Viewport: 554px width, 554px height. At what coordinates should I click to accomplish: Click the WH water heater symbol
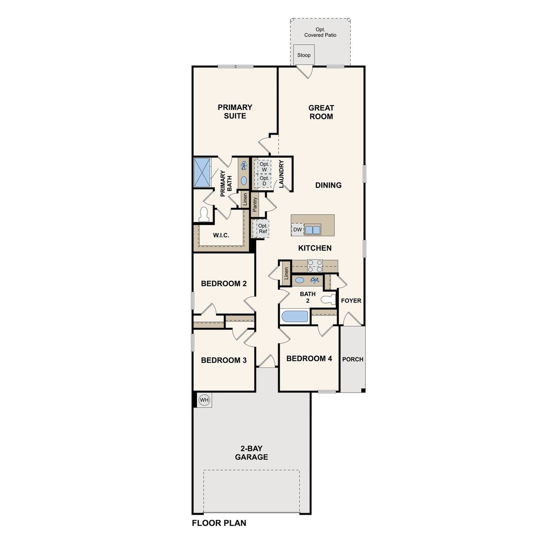click(x=204, y=400)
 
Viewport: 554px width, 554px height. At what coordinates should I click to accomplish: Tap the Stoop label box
click(x=304, y=55)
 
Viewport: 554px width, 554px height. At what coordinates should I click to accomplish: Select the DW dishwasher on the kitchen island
click(x=297, y=229)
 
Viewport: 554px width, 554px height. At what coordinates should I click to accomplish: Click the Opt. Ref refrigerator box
click(x=262, y=229)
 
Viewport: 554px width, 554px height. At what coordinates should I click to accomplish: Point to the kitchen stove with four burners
click(x=315, y=265)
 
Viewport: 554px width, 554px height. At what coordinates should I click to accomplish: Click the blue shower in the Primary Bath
click(x=202, y=172)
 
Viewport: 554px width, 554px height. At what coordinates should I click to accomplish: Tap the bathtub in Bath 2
click(x=295, y=316)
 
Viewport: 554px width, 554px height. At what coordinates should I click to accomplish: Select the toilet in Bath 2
click(x=329, y=299)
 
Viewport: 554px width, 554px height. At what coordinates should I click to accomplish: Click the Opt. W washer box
click(x=264, y=167)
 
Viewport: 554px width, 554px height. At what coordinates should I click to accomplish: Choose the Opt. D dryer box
click(x=264, y=180)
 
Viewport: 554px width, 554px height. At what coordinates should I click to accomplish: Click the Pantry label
click(x=255, y=204)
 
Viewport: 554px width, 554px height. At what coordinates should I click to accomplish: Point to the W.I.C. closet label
click(x=221, y=235)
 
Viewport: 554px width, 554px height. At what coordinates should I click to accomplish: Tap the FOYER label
click(x=351, y=300)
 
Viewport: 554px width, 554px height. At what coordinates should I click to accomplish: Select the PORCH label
click(x=353, y=359)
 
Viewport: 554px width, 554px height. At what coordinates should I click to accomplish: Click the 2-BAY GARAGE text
click(x=251, y=453)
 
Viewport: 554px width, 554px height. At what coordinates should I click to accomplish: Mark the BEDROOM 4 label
click(x=309, y=358)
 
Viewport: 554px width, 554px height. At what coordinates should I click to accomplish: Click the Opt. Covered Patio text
click(x=320, y=32)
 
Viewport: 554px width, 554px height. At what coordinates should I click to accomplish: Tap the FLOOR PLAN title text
click(x=219, y=523)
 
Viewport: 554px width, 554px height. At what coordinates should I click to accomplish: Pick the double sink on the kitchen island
click(x=312, y=229)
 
